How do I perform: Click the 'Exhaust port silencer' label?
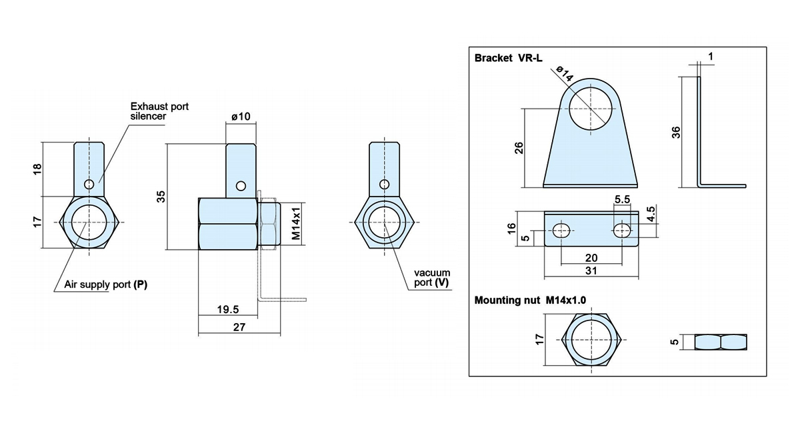(x=159, y=111)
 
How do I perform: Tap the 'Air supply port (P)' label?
(x=106, y=284)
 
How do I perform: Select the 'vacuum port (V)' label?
(x=432, y=278)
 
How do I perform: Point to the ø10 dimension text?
(x=241, y=117)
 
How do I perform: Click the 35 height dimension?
(x=161, y=197)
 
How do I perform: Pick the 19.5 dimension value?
(x=228, y=309)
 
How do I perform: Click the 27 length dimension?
(x=239, y=327)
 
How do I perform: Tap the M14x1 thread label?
(x=296, y=223)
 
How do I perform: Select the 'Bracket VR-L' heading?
(x=508, y=58)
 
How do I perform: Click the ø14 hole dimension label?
(x=565, y=73)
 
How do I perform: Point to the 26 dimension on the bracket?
(x=519, y=148)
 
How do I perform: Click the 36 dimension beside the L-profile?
(x=676, y=133)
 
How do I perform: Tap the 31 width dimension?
(x=591, y=271)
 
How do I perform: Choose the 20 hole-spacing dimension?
(x=591, y=258)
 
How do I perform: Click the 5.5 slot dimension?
(x=622, y=199)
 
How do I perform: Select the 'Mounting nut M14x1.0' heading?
(x=530, y=300)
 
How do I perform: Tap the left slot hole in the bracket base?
(x=561, y=230)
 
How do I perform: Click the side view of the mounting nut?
(x=721, y=342)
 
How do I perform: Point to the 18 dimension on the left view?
(x=37, y=169)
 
